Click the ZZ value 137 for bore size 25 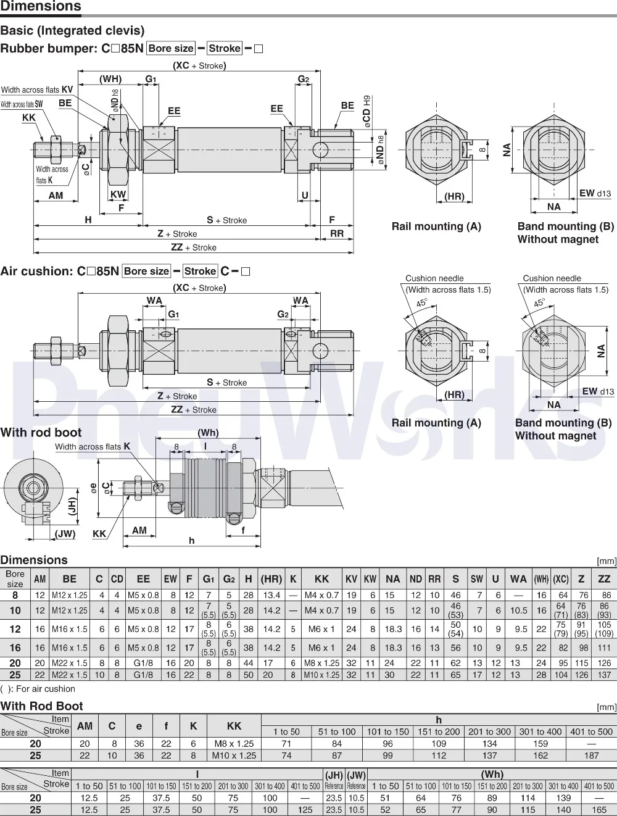point(604,675)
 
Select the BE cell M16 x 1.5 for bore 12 point(70,629)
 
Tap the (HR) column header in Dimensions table point(271,579)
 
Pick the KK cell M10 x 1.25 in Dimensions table point(321,675)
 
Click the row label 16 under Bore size point(15,647)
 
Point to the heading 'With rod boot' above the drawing point(41,432)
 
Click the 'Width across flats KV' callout point(37,90)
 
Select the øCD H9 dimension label point(366,112)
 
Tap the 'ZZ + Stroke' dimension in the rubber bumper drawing point(194,248)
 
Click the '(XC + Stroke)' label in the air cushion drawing point(199,288)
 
